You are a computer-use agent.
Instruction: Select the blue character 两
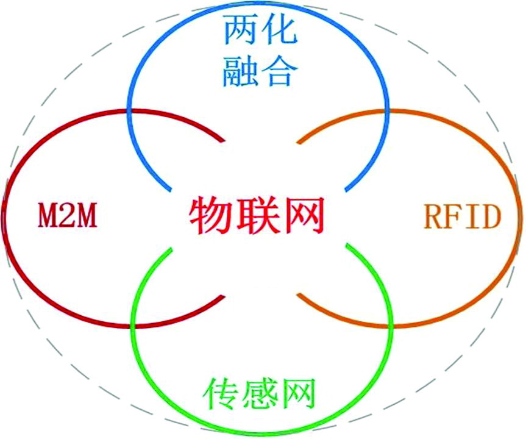coord(239,30)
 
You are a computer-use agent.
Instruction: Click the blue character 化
coord(279,30)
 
